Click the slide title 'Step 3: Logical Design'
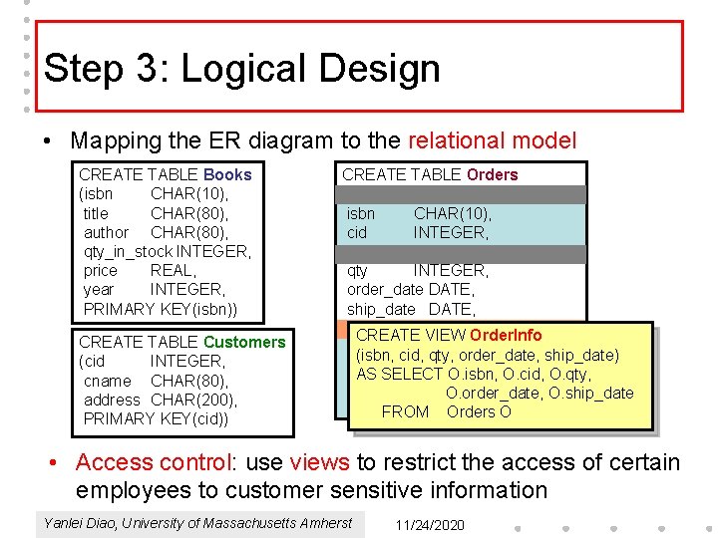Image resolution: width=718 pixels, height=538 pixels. pos(242,69)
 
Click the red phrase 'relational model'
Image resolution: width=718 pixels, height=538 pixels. pos(488,140)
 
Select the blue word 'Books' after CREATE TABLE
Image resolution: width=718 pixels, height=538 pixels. pos(227,174)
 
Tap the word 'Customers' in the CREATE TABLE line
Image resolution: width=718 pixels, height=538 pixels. pos(243,342)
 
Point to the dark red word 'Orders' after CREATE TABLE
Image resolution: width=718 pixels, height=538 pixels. pos(492,174)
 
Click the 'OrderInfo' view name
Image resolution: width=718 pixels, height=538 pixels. pos(506,335)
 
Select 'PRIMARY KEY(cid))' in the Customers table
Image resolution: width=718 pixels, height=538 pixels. pos(156,418)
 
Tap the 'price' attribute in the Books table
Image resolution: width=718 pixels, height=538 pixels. pos(101,270)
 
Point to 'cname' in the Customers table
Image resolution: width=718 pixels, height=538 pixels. pos(108,381)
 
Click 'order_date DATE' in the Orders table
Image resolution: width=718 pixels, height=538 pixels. pos(410,290)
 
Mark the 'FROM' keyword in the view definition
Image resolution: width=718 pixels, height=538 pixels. pos(405,411)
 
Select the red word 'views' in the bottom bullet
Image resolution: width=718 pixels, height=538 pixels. pos(319,462)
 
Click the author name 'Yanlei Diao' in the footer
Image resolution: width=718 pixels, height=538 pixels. pos(81,523)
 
